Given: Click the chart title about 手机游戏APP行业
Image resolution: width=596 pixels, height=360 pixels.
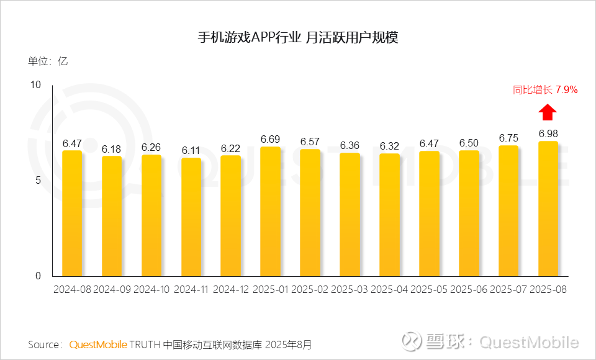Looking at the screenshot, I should pos(297,38).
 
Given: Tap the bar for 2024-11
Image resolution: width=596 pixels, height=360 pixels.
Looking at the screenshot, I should pos(191,217).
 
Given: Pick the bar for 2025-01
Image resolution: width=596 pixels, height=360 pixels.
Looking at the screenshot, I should pos(271,211).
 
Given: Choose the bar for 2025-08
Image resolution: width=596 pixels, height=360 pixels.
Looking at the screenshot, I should pos(548,209).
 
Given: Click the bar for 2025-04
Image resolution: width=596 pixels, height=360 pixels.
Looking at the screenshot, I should pos(390,215).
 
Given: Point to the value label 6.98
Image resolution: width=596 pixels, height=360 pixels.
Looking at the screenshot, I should pos(548,133).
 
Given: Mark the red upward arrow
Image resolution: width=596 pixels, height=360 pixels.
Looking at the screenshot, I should pos(548,112).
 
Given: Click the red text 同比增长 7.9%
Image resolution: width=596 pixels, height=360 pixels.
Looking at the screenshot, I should pos(545,90).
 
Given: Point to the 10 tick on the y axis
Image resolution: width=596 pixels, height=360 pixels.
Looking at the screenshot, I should pos(35,84).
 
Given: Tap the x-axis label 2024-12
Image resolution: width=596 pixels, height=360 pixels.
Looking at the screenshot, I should pos(231,290).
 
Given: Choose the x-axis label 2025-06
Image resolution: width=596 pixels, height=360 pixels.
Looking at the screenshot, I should pos(469,290).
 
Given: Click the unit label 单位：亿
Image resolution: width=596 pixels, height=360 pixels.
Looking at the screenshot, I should pos(47,61).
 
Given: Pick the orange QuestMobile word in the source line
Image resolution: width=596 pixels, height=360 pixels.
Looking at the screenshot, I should pos(98,344).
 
